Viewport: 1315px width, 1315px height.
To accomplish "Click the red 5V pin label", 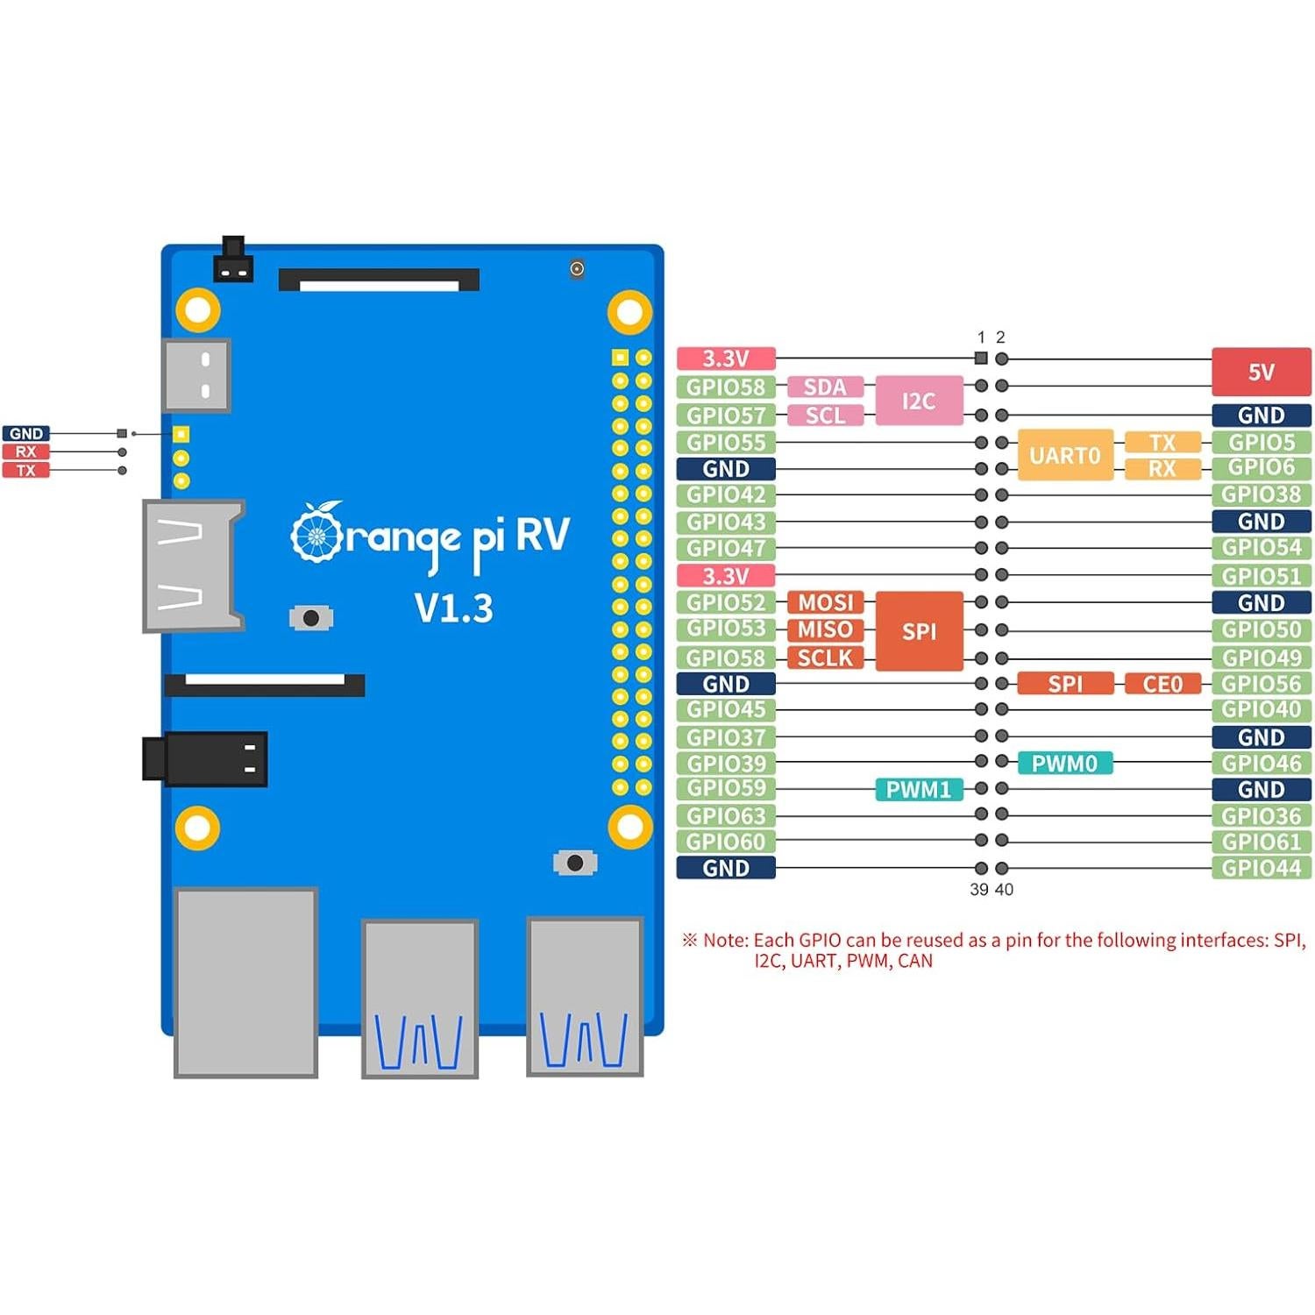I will (1261, 372).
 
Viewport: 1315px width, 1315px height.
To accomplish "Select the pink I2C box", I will (919, 401).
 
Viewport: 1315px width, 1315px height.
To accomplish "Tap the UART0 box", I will (1064, 455).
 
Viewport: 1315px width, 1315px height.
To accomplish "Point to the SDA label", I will (825, 387).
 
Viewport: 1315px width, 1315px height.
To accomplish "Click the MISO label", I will (825, 629).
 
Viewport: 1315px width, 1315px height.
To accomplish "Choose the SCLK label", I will (825, 657).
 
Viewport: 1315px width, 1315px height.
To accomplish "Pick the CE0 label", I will (1162, 684).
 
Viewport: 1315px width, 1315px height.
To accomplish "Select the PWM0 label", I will (1064, 763).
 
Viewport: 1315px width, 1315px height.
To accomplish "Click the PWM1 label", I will (918, 789).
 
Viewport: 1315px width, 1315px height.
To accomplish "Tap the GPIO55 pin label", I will (726, 442).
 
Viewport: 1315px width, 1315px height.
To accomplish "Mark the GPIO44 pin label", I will (1261, 868).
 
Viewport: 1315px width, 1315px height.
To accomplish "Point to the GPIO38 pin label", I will (1261, 494).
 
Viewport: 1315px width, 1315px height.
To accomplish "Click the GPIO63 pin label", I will (726, 815).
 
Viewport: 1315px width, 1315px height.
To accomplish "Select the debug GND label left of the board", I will (26, 433).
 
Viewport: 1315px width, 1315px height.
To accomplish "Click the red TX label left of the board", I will (26, 471).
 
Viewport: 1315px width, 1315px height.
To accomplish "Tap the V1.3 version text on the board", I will (453, 608).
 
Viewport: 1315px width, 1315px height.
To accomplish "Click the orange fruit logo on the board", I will (316, 533).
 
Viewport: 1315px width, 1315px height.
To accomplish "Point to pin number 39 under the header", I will (978, 889).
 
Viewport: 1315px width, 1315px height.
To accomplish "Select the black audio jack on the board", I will (205, 758).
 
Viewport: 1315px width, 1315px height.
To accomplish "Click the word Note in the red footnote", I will (725, 940).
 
